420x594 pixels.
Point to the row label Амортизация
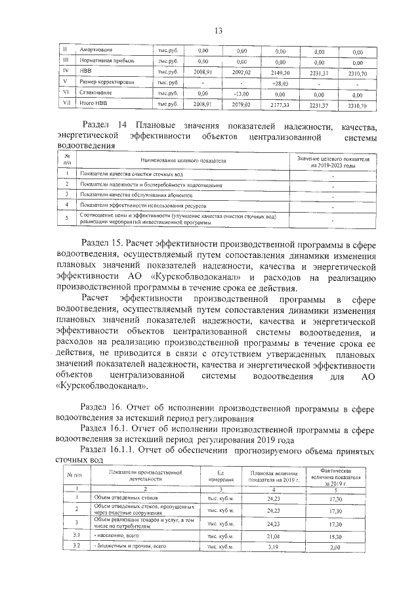(x=96, y=50)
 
